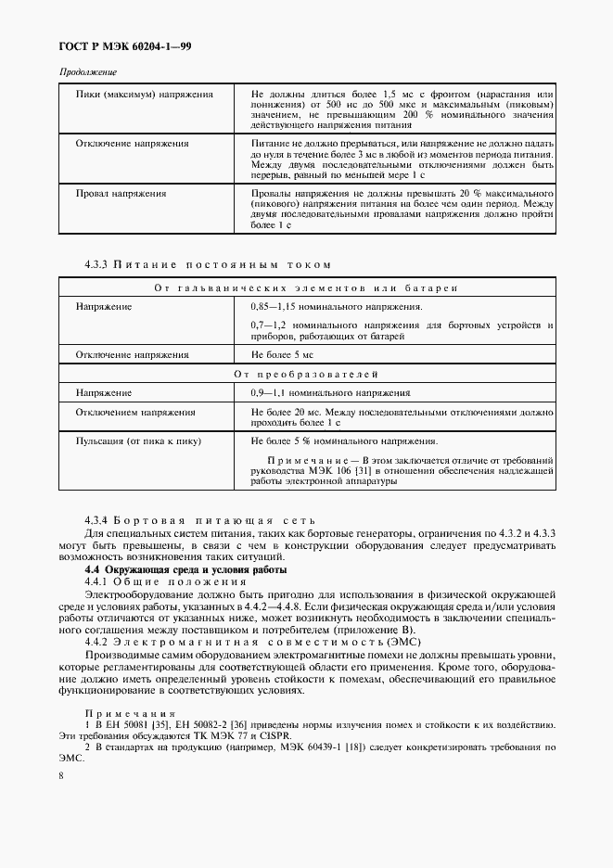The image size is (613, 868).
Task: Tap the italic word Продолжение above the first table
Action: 88,72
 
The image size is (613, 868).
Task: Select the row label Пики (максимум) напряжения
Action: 144,95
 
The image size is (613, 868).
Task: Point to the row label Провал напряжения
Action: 121,193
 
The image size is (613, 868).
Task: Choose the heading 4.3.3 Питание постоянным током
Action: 207,265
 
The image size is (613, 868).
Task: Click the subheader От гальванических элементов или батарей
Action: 306,288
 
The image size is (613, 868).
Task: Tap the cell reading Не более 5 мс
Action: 282,354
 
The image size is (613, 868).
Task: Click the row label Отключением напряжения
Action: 135,412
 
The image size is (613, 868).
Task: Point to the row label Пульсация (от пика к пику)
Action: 138,441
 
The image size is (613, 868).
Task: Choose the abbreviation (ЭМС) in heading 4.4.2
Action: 402,641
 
